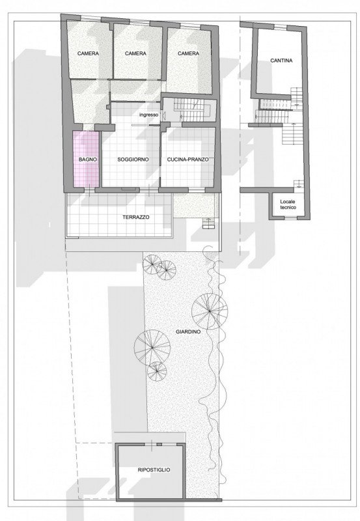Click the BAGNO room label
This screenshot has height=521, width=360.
[88, 160]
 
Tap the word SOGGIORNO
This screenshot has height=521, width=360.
[133, 160]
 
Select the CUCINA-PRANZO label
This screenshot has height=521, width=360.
[188, 160]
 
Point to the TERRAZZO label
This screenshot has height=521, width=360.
[136, 217]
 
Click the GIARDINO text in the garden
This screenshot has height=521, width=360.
[188, 331]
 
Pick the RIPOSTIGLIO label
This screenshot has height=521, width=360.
[154, 470]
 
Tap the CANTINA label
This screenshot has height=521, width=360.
[281, 61]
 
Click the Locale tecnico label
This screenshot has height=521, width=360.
[288, 204]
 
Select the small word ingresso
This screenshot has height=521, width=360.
[149, 115]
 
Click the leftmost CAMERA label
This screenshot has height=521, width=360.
[88, 53]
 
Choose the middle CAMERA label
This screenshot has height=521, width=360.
[135, 53]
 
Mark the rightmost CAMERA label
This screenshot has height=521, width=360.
[188, 53]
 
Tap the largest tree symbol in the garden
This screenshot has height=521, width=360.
[210, 311]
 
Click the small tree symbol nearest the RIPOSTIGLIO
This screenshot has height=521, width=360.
[157, 371]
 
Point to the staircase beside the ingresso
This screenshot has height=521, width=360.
[193, 110]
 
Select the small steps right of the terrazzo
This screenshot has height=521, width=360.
[208, 223]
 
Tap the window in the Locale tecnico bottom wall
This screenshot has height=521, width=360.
[290, 218]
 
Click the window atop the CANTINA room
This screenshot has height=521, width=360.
[281, 27]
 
